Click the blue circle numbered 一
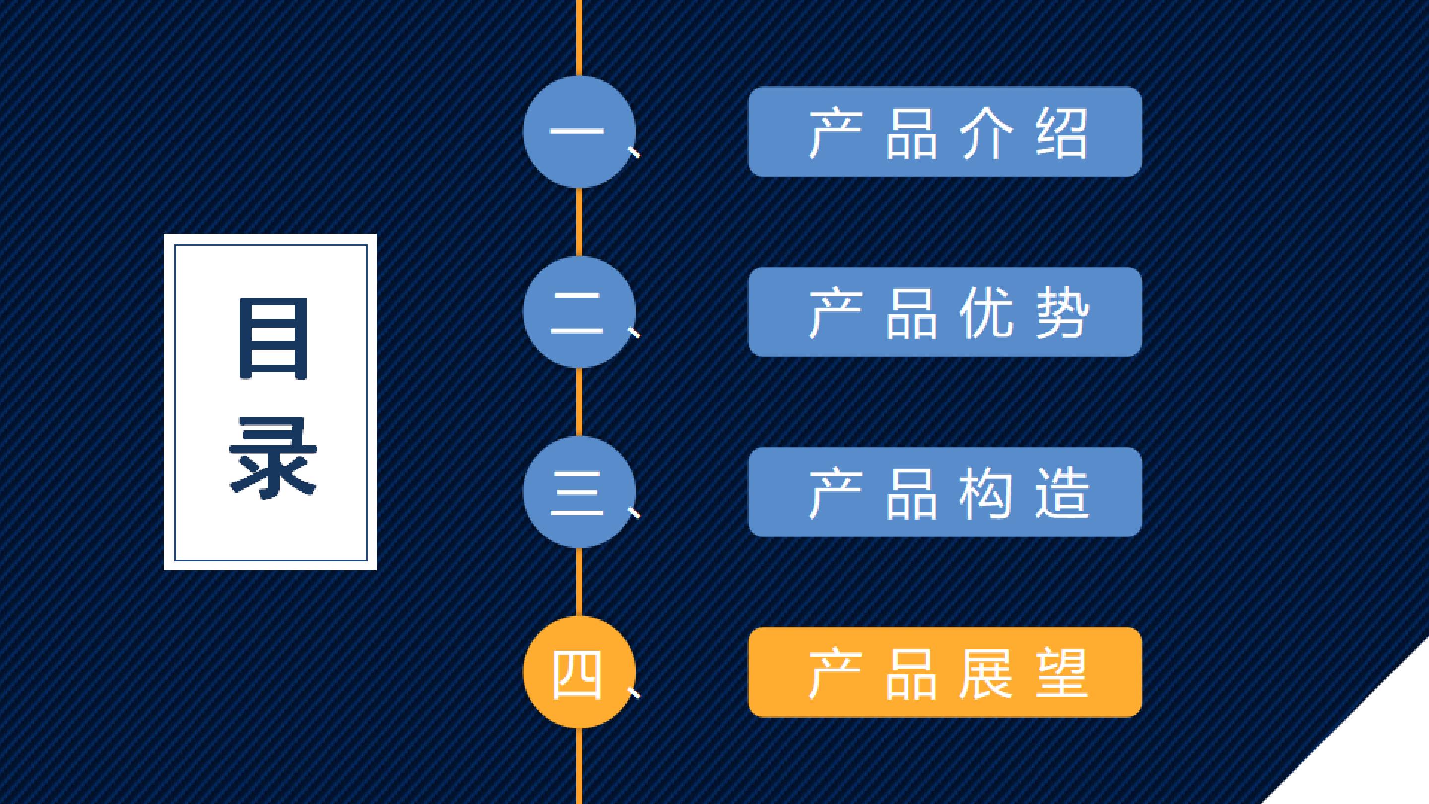tap(579, 132)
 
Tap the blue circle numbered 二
tap(579, 312)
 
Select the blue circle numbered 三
tap(579, 492)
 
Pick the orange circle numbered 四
tap(579, 672)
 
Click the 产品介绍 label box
tap(945, 132)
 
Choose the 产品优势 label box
tap(945, 312)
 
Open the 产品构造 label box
tap(945, 492)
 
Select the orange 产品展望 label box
tap(945, 672)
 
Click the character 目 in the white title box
tap(273, 338)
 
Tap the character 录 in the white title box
tap(273, 457)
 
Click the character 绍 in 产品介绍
tap(1061, 134)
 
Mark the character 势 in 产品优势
tap(1062, 314)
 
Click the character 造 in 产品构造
tap(1062, 493)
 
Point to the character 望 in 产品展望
tap(1062, 673)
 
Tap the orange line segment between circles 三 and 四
tap(579, 582)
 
